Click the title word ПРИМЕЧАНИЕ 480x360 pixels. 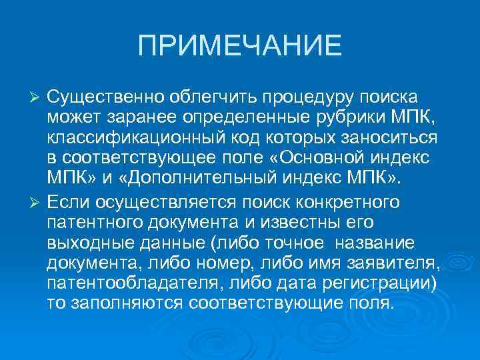239,46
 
